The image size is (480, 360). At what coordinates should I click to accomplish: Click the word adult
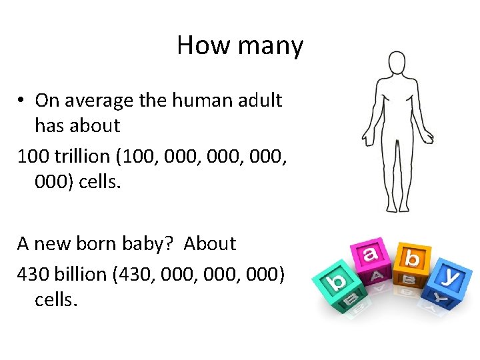[261, 101]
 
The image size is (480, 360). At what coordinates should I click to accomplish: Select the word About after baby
[209, 244]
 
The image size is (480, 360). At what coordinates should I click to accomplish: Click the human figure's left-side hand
[367, 138]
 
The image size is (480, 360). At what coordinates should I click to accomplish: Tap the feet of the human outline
[397, 208]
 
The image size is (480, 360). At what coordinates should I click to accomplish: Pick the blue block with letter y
[450, 280]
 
